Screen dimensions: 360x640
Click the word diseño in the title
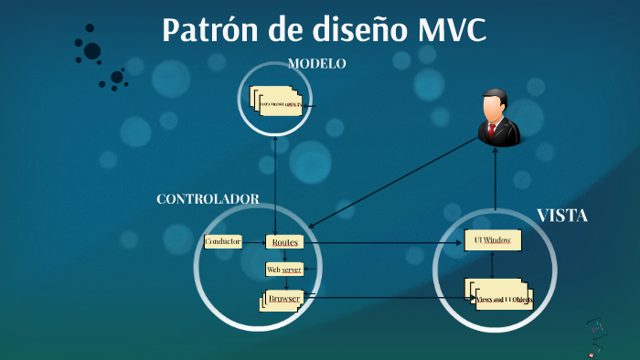coord(332,30)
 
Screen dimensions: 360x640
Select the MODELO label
coord(316,64)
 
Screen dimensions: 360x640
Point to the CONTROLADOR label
coord(208,199)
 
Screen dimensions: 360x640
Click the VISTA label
coord(561,217)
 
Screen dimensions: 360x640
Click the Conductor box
coord(223,242)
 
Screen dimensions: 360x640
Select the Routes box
coord(283,242)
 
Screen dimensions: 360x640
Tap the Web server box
coord(283,270)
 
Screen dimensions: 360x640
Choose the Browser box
coord(283,299)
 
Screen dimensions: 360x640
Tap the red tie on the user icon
coord(491,132)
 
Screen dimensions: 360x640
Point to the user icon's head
coord(495,104)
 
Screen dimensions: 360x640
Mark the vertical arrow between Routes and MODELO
coord(275,183)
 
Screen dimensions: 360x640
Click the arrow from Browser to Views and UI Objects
coord(384,297)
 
